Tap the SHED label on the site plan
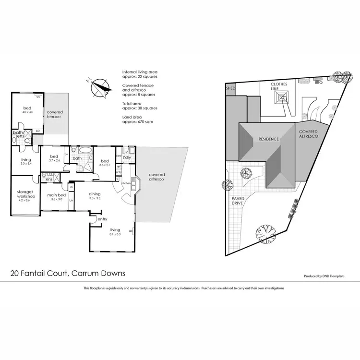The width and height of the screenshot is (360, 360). [x=230, y=89]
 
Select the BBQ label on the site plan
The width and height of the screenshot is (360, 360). [x=318, y=83]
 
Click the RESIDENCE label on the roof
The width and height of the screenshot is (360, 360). [x=268, y=139]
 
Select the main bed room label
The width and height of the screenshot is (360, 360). [x=57, y=195]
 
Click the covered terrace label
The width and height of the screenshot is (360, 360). [x=54, y=115]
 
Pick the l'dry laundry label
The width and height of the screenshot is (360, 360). [x=127, y=157]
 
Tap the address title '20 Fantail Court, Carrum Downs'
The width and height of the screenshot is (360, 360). [x=68, y=273]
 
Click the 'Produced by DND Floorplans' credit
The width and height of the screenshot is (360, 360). [x=328, y=276]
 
